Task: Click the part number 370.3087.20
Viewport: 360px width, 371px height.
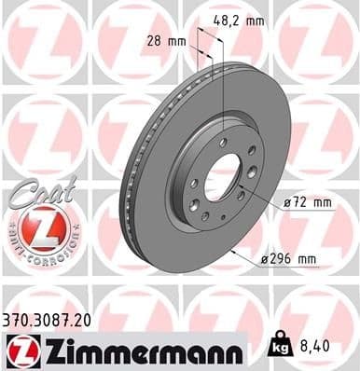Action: (55, 319)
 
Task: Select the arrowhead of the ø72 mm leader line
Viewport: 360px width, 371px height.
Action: (240, 191)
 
